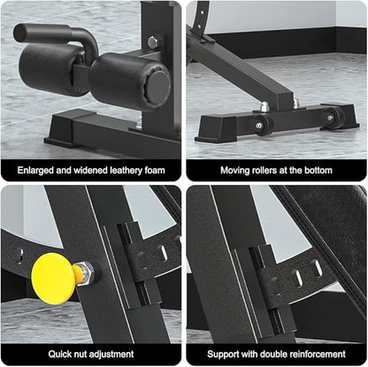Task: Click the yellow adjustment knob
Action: click(53, 279)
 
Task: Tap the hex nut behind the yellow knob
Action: click(87, 271)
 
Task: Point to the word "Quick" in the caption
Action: click(59, 354)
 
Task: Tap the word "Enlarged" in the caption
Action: click(35, 171)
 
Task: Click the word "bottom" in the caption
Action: click(318, 171)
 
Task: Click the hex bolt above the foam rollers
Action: click(153, 42)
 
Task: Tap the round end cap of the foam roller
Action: click(158, 87)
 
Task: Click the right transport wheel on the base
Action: click(334, 118)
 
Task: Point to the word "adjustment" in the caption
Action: click(111, 354)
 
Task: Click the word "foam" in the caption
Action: click(155, 171)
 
